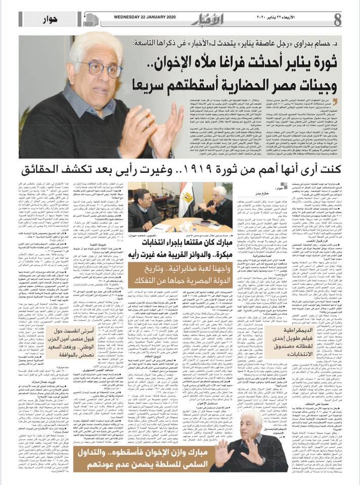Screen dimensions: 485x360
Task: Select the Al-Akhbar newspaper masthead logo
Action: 201,19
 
